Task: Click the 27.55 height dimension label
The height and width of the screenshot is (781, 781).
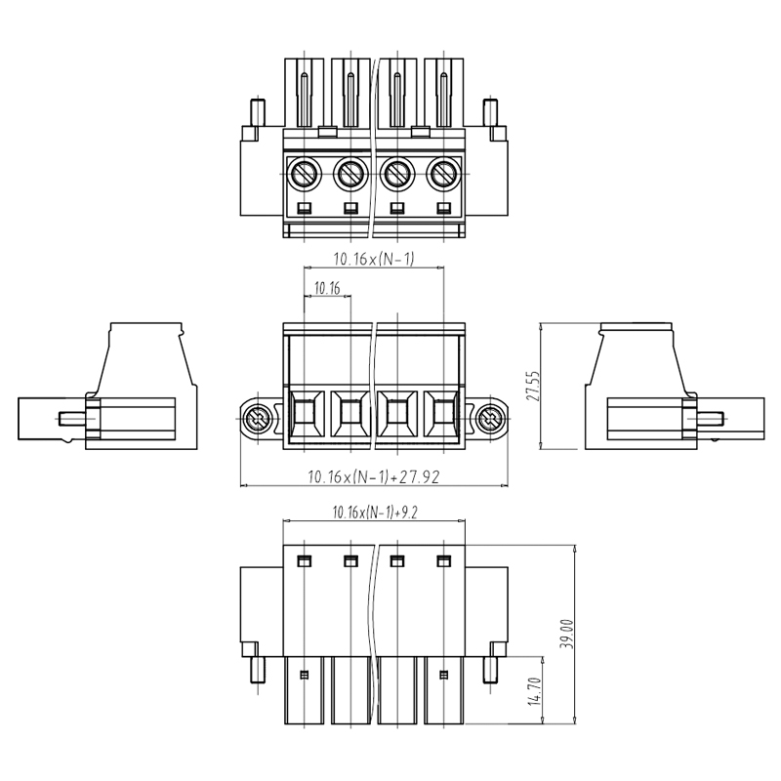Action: tap(532, 386)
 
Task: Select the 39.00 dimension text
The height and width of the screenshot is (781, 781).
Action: tap(567, 634)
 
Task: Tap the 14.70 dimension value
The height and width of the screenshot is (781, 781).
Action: tap(534, 691)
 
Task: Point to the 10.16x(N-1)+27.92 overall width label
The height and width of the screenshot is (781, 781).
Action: tap(374, 477)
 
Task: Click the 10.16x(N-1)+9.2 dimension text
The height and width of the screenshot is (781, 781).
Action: tap(375, 512)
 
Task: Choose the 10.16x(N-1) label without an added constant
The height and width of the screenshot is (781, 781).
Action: tap(374, 259)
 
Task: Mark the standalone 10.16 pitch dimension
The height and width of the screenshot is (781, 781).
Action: tap(327, 288)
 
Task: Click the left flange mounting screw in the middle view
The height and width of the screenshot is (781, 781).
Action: tap(258, 420)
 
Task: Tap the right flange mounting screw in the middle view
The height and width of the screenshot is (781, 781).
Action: tap(490, 420)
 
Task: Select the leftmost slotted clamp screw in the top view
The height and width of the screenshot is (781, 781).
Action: tap(304, 174)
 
